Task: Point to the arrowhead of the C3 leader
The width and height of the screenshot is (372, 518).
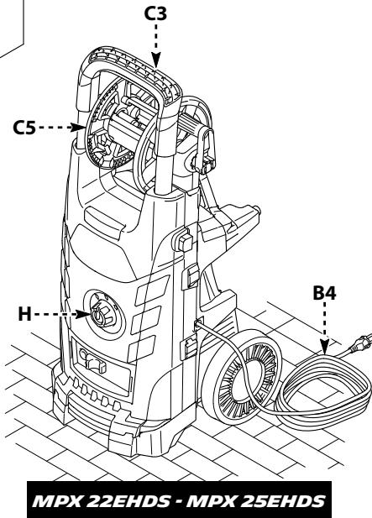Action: pos(155,60)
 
